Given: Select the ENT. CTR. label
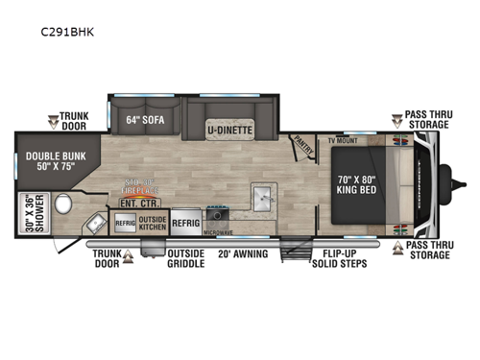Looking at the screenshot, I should (133, 203).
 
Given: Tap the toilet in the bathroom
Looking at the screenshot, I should (64, 203).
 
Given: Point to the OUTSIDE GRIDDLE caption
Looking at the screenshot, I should (185, 260).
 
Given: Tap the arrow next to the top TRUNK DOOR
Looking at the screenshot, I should (54, 122).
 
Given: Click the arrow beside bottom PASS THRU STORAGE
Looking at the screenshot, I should (396, 247).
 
